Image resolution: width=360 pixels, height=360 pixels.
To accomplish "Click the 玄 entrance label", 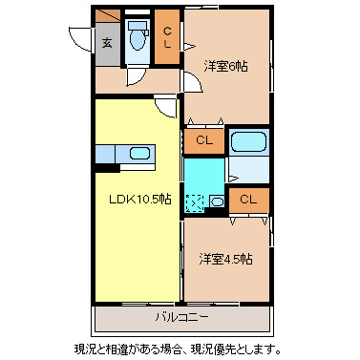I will (x=107, y=43).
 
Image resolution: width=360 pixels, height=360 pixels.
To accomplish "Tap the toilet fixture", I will (x=138, y=40).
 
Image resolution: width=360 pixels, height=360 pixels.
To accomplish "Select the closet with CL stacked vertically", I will (x=167, y=38).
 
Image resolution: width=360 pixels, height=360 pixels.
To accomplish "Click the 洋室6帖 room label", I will (x=225, y=66).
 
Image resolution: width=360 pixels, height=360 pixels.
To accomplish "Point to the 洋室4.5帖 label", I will (x=225, y=259).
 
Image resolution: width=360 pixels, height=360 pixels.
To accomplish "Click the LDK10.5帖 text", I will (x=138, y=200).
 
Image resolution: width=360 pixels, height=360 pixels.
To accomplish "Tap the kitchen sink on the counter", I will (x=139, y=153).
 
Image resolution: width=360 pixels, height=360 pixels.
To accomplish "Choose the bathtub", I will (x=248, y=144).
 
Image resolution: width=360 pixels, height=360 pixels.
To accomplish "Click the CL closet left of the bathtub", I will (x=203, y=141).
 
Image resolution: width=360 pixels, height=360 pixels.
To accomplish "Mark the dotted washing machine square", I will (x=195, y=202).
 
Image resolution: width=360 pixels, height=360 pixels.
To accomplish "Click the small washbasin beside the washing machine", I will (x=217, y=201).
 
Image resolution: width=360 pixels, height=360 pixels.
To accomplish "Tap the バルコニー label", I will (x=181, y=315).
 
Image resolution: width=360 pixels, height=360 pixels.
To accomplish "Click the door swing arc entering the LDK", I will (x=166, y=107).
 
